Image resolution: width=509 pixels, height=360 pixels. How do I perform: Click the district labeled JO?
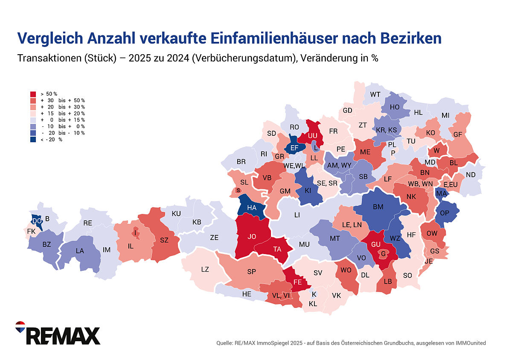[252, 235]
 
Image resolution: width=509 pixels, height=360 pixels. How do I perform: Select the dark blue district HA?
[252, 208]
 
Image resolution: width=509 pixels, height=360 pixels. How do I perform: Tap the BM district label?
[378, 207]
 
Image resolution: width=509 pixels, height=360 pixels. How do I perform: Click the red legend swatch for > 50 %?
[33, 94]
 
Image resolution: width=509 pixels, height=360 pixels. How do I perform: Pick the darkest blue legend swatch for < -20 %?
[33, 140]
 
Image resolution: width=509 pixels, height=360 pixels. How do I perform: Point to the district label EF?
[294, 148]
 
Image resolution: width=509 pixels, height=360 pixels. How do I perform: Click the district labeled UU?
[313, 135]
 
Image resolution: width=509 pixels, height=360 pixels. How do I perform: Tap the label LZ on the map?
[205, 269]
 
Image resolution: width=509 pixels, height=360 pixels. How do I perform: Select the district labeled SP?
[251, 272]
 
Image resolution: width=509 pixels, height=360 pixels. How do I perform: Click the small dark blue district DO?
[37, 220]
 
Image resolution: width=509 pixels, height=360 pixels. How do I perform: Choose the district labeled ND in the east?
[471, 175]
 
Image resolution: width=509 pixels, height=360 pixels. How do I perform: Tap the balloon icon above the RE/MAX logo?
[20, 327]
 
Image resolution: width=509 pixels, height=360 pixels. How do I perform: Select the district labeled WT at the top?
[375, 94]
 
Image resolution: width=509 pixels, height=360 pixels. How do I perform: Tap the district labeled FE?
[298, 282]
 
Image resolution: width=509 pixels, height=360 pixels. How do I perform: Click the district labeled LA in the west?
[80, 251]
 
